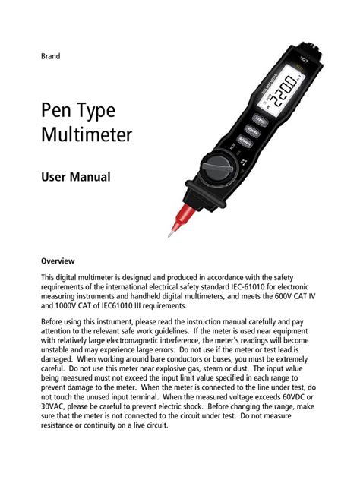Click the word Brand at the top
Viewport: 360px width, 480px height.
pos(51,56)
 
